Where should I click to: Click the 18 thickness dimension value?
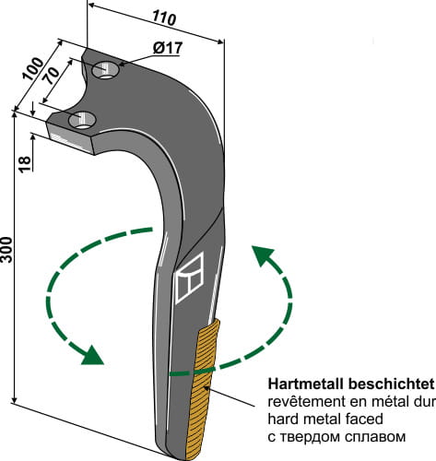pyautogui.click(x=25, y=163)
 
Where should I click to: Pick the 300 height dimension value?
pyautogui.click(x=8, y=249)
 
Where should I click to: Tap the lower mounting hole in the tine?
pyautogui.click(x=86, y=119)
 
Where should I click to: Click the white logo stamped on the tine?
pyautogui.click(x=188, y=278)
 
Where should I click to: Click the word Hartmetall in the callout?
pyautogui.click(x=300, y=382)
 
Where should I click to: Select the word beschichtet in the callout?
pyautogui.click(x=385, y=382)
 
